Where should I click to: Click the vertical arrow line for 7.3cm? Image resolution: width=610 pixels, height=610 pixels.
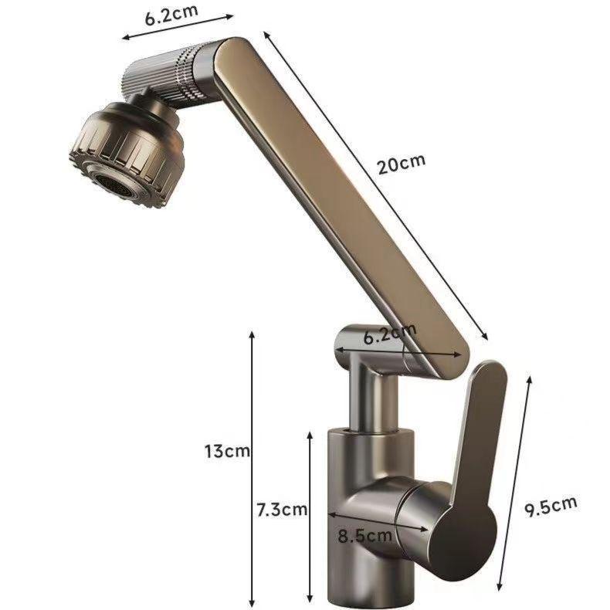tap(310, 513)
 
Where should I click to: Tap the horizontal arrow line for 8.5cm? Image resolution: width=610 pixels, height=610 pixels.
tap(378, 520)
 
